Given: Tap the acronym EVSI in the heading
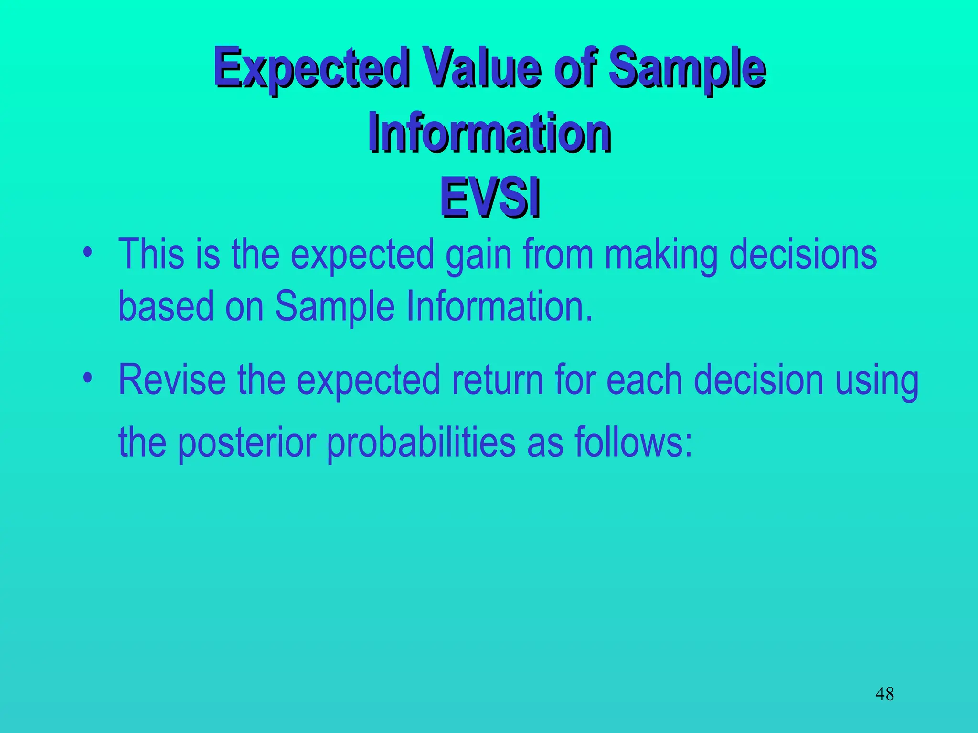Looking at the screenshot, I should [x=490, y=197].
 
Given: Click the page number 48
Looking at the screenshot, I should [x=884, y=693].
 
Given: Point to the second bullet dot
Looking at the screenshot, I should [x=87, y=378].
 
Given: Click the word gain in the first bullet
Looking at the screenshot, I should [x=478, y=255].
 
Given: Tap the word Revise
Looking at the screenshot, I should [x=172, y=380].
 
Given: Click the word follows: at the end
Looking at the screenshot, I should [x=633, y=442].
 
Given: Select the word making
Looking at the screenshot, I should [x=661, y=255].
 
